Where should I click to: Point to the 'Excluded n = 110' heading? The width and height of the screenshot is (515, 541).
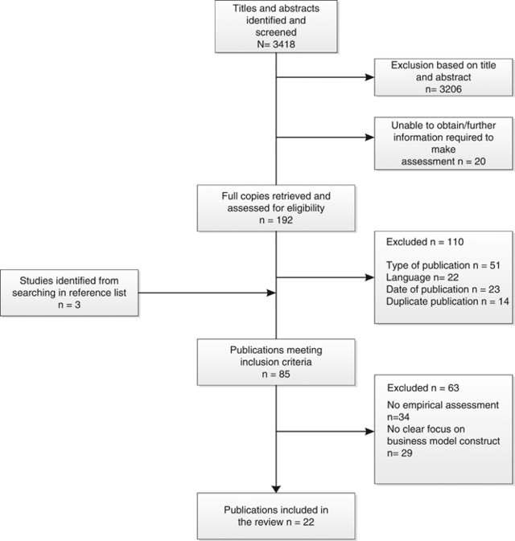418,240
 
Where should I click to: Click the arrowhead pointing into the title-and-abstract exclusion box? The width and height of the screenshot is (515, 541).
370,79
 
